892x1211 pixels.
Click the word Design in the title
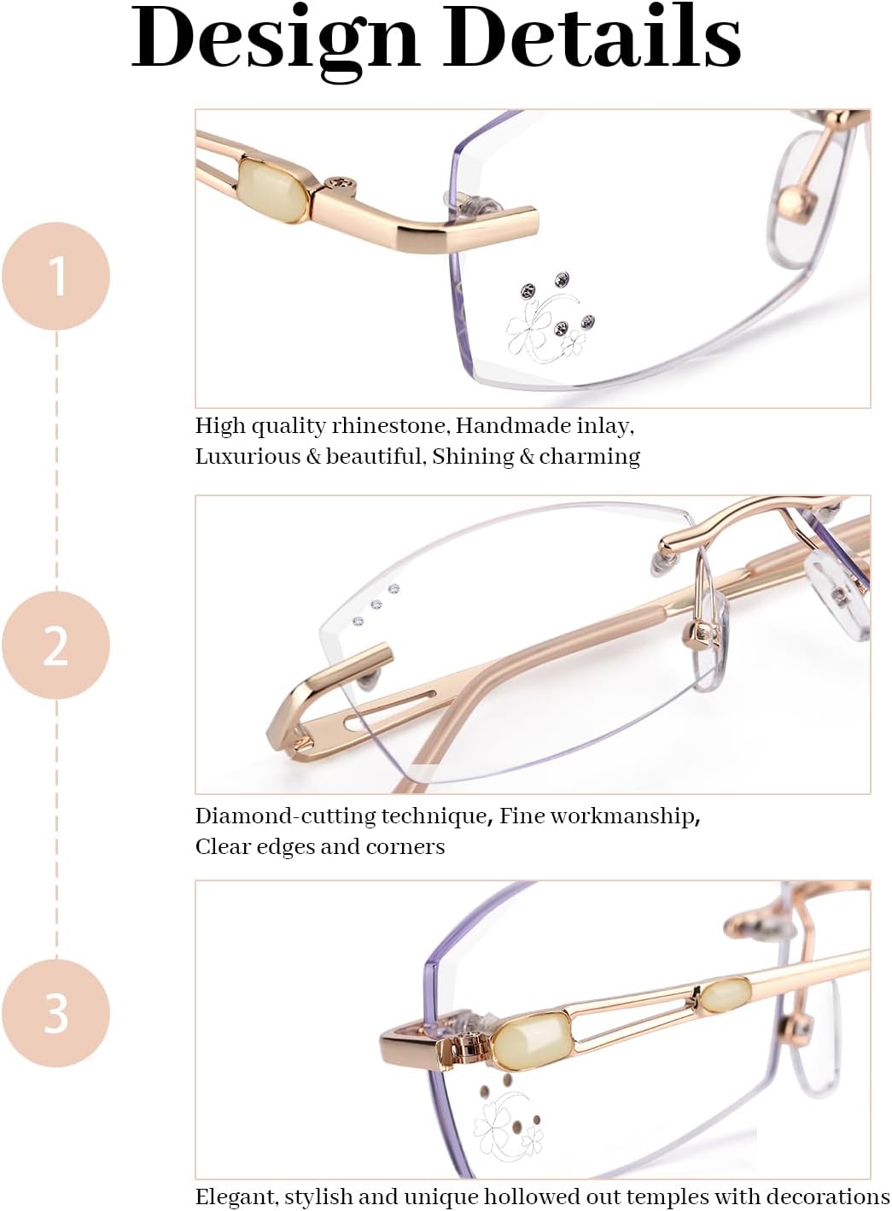pos(273,38)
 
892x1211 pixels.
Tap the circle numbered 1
pos(56,276)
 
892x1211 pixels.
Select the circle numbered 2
pos(56,645)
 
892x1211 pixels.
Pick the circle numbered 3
pos(56,1013)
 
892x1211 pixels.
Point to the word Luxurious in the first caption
pos(248,456)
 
